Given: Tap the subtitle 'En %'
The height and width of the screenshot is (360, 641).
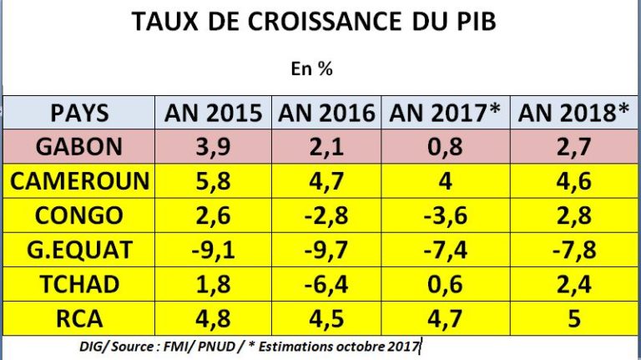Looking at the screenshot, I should click(313, 70).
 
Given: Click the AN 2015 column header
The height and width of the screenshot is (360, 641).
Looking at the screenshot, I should click(214, 113).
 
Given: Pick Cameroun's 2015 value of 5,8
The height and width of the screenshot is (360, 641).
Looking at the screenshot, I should click(214, 181).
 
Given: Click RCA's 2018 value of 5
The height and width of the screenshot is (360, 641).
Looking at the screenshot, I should click(573, 319).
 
